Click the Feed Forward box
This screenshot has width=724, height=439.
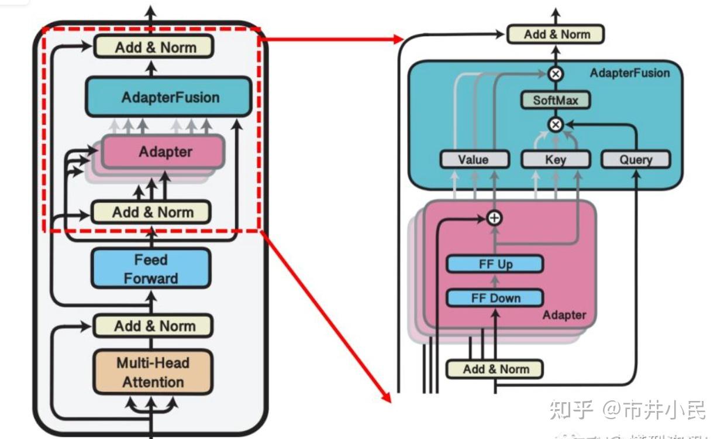[151, 269]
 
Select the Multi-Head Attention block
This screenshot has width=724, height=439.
[153, 372]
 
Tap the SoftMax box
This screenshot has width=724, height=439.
[555, 100]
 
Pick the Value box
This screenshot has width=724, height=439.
[473, 159]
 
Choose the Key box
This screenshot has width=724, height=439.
[555, 159]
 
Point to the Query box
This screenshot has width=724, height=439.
[635, 159]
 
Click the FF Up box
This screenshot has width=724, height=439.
[495, 264]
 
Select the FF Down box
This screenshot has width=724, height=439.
[495, 298]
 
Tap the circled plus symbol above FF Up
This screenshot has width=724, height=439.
[495, 218]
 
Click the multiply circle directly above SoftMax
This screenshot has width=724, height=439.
[555, 74]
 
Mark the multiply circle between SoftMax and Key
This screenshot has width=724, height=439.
[555, 124]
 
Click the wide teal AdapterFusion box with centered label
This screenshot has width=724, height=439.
[169, 97]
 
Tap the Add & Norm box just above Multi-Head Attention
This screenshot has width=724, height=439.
[153, 325]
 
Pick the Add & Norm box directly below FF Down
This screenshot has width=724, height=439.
[495, 369]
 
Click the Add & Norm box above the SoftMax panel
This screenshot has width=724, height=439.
[555, 35]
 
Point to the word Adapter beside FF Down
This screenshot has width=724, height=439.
[564, 315]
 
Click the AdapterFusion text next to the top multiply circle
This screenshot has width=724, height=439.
[629, 73]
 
